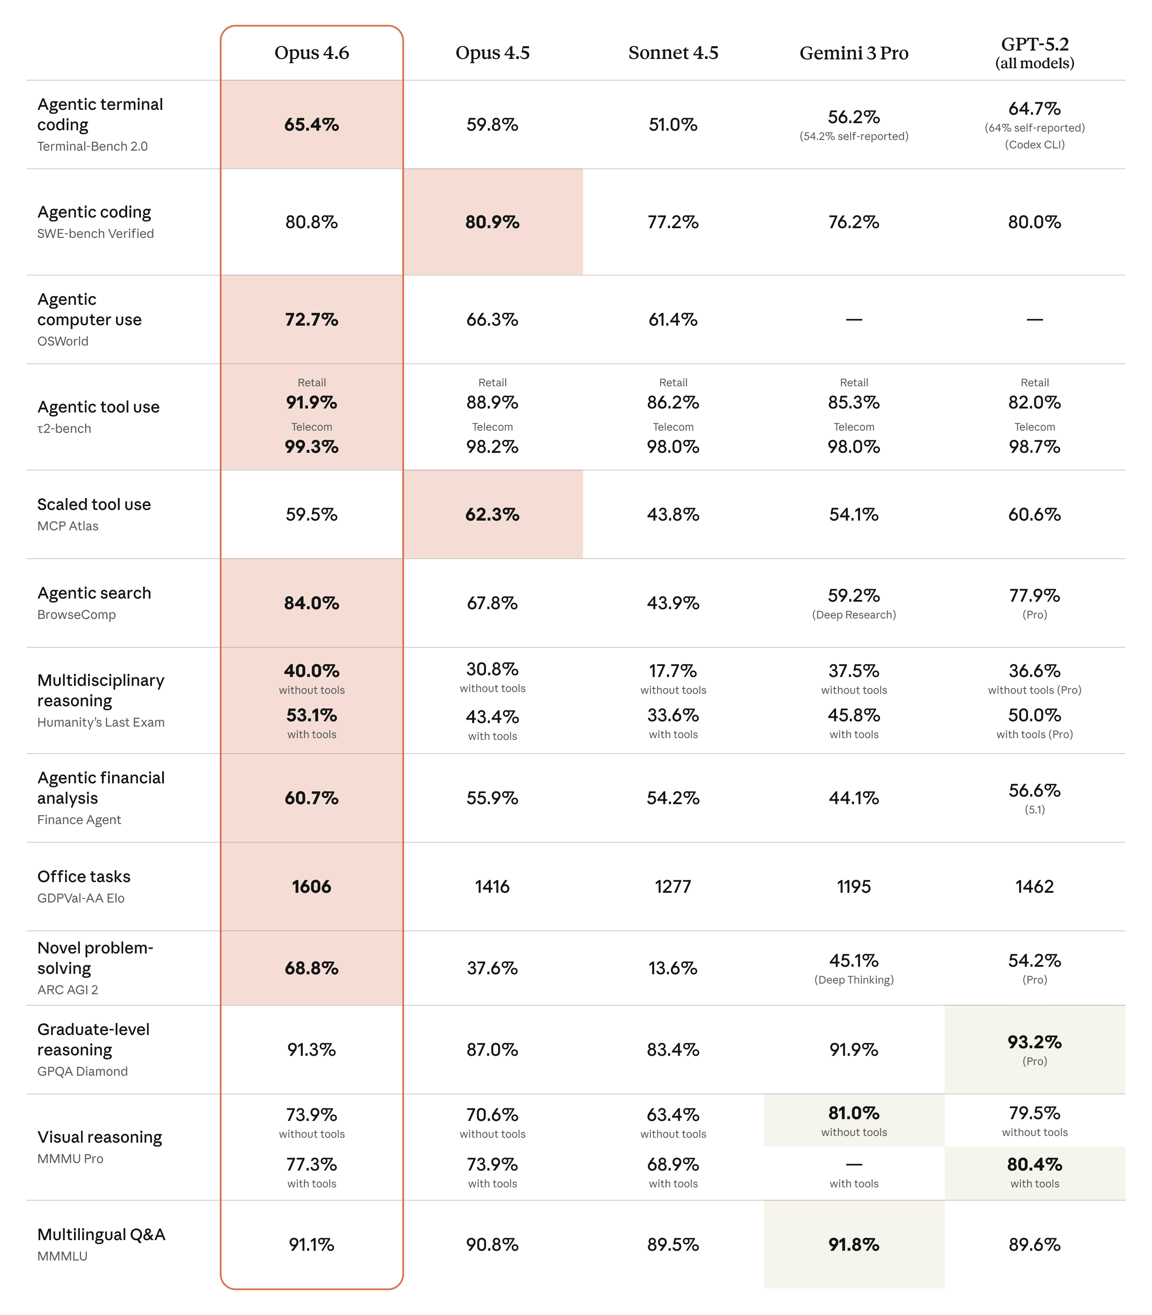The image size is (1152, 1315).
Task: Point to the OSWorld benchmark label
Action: [x=62, y=341]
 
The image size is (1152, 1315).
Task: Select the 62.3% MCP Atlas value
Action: [x=492, y=514]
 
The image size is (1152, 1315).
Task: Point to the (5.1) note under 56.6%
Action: [x=1034, y=810]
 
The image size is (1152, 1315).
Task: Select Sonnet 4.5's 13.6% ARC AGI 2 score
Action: [x=673, y=968]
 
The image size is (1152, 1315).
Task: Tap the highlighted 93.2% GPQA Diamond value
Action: [x=1034, y=1041]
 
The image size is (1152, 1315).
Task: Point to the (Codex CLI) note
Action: [x=1034, y=144]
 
